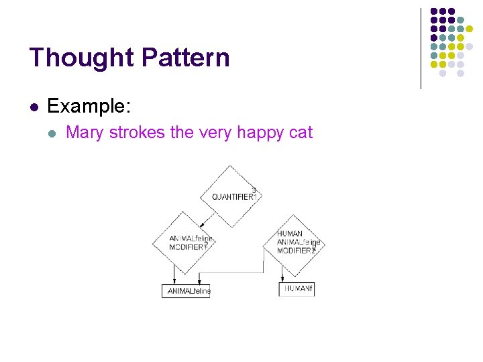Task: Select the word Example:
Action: click(x=90, y=106)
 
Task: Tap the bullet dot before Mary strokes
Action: click(x=52, y=133)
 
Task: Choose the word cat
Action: click(x=301, y=133)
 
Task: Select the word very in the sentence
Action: click(x=215, y=133)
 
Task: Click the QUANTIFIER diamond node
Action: click(x=231, y=196)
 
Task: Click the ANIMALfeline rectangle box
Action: click(x=186, y=291)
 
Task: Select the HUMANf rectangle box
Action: click(x=297, y=289)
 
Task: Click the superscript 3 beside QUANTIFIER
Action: click(x=254, y=190)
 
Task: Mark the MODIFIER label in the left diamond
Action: click(x=187, y=247)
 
